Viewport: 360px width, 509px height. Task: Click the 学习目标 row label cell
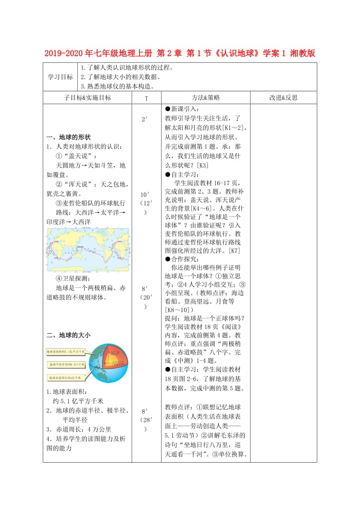[60, 77]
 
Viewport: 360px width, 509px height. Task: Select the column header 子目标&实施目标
[88, 98]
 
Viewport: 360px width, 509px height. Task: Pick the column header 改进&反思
[283, 98]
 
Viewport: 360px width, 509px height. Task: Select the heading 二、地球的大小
[68, 335]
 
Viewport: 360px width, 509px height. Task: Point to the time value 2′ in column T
[145, 120]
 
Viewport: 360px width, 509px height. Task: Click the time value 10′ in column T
[145, 195]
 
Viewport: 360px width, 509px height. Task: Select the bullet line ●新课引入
[182, 109]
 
